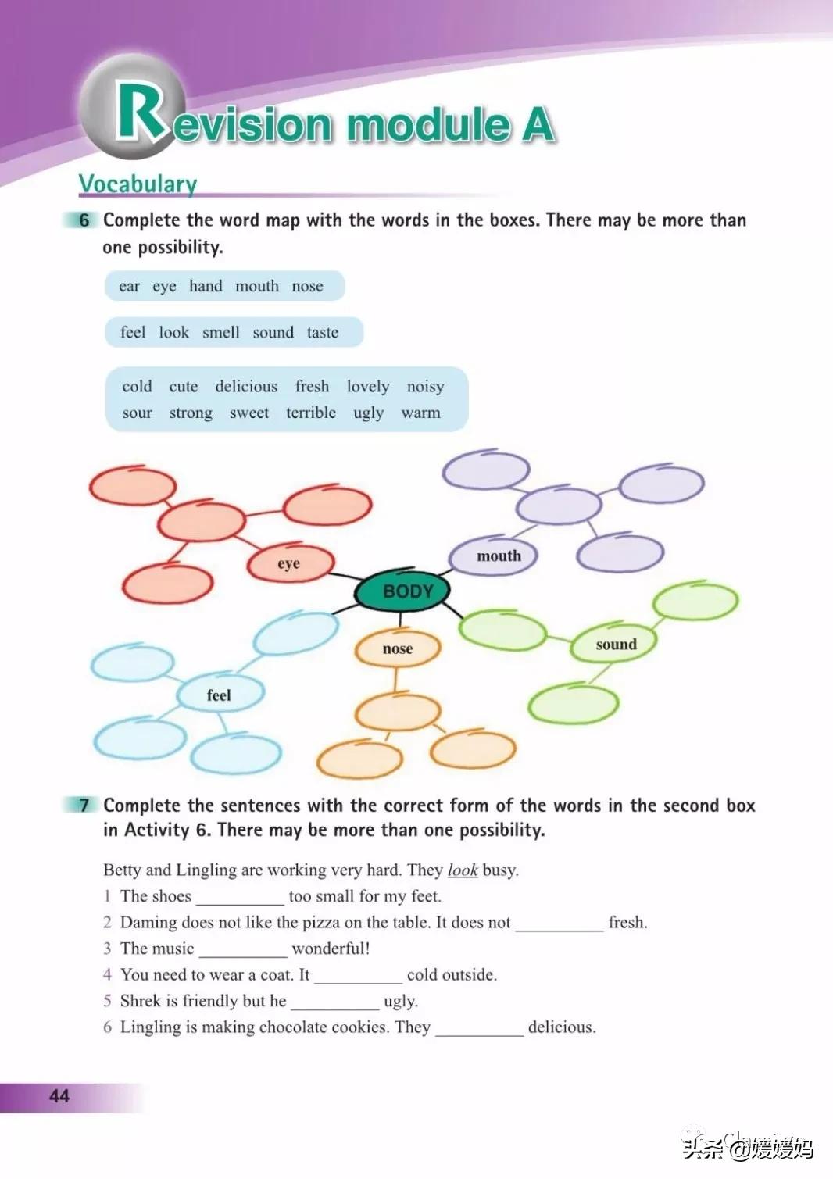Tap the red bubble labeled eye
click(x=290, y=563)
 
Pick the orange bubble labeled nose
click(x=397, y=648)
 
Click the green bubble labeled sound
click(x=615, y=645)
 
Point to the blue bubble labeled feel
click(x=220, y=695)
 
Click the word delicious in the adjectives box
click(x=246, y=387)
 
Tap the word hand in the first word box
click(x=206, y=287)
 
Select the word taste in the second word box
click(x=322, y=333)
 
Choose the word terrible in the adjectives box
click(x=310, y=413)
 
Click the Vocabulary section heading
click(x=138, y=184)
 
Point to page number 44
click(x=59, y=1095)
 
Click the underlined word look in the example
click(x=462, y=870)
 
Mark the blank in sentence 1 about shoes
click(x=240, y=897)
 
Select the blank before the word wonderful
click(x=243, y=949)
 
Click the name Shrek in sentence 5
click(x=141, y=1001)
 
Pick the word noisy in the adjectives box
click(x=425, y=387)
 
